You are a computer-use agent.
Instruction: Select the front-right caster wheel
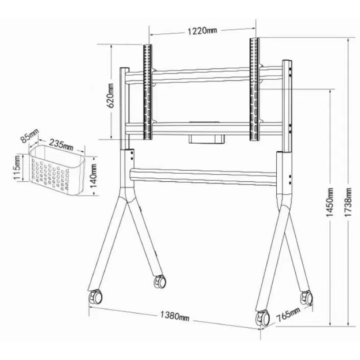tap(261, 319)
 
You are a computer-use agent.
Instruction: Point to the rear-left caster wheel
tap(159, 282)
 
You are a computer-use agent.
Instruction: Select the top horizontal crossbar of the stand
tap(202, 74)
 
